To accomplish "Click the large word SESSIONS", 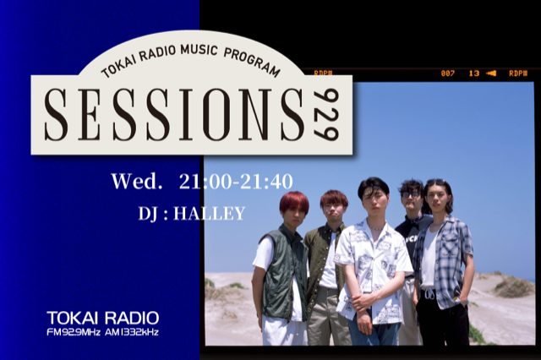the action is tap(174, 114).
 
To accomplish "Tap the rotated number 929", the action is tap(326, 114).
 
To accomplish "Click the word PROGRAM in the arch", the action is tap(252, 62).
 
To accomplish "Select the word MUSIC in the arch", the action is tap(199, 49).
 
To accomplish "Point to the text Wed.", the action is tap(137, 181).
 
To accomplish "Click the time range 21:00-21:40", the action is tap(236, 182).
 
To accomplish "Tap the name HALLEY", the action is tap(209, 214).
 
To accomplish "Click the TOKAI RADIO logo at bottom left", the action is tap(103, 318).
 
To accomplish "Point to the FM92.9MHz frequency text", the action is tap(74, 332).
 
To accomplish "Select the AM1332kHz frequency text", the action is tap(132, 332).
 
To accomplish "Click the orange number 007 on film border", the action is tap(447, 74).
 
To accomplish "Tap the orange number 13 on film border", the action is tap(473, 74).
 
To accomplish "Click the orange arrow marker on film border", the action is tap(491, 74).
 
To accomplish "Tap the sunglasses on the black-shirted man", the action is tap(411, 194).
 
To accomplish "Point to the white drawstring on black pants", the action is tap(430, 294).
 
